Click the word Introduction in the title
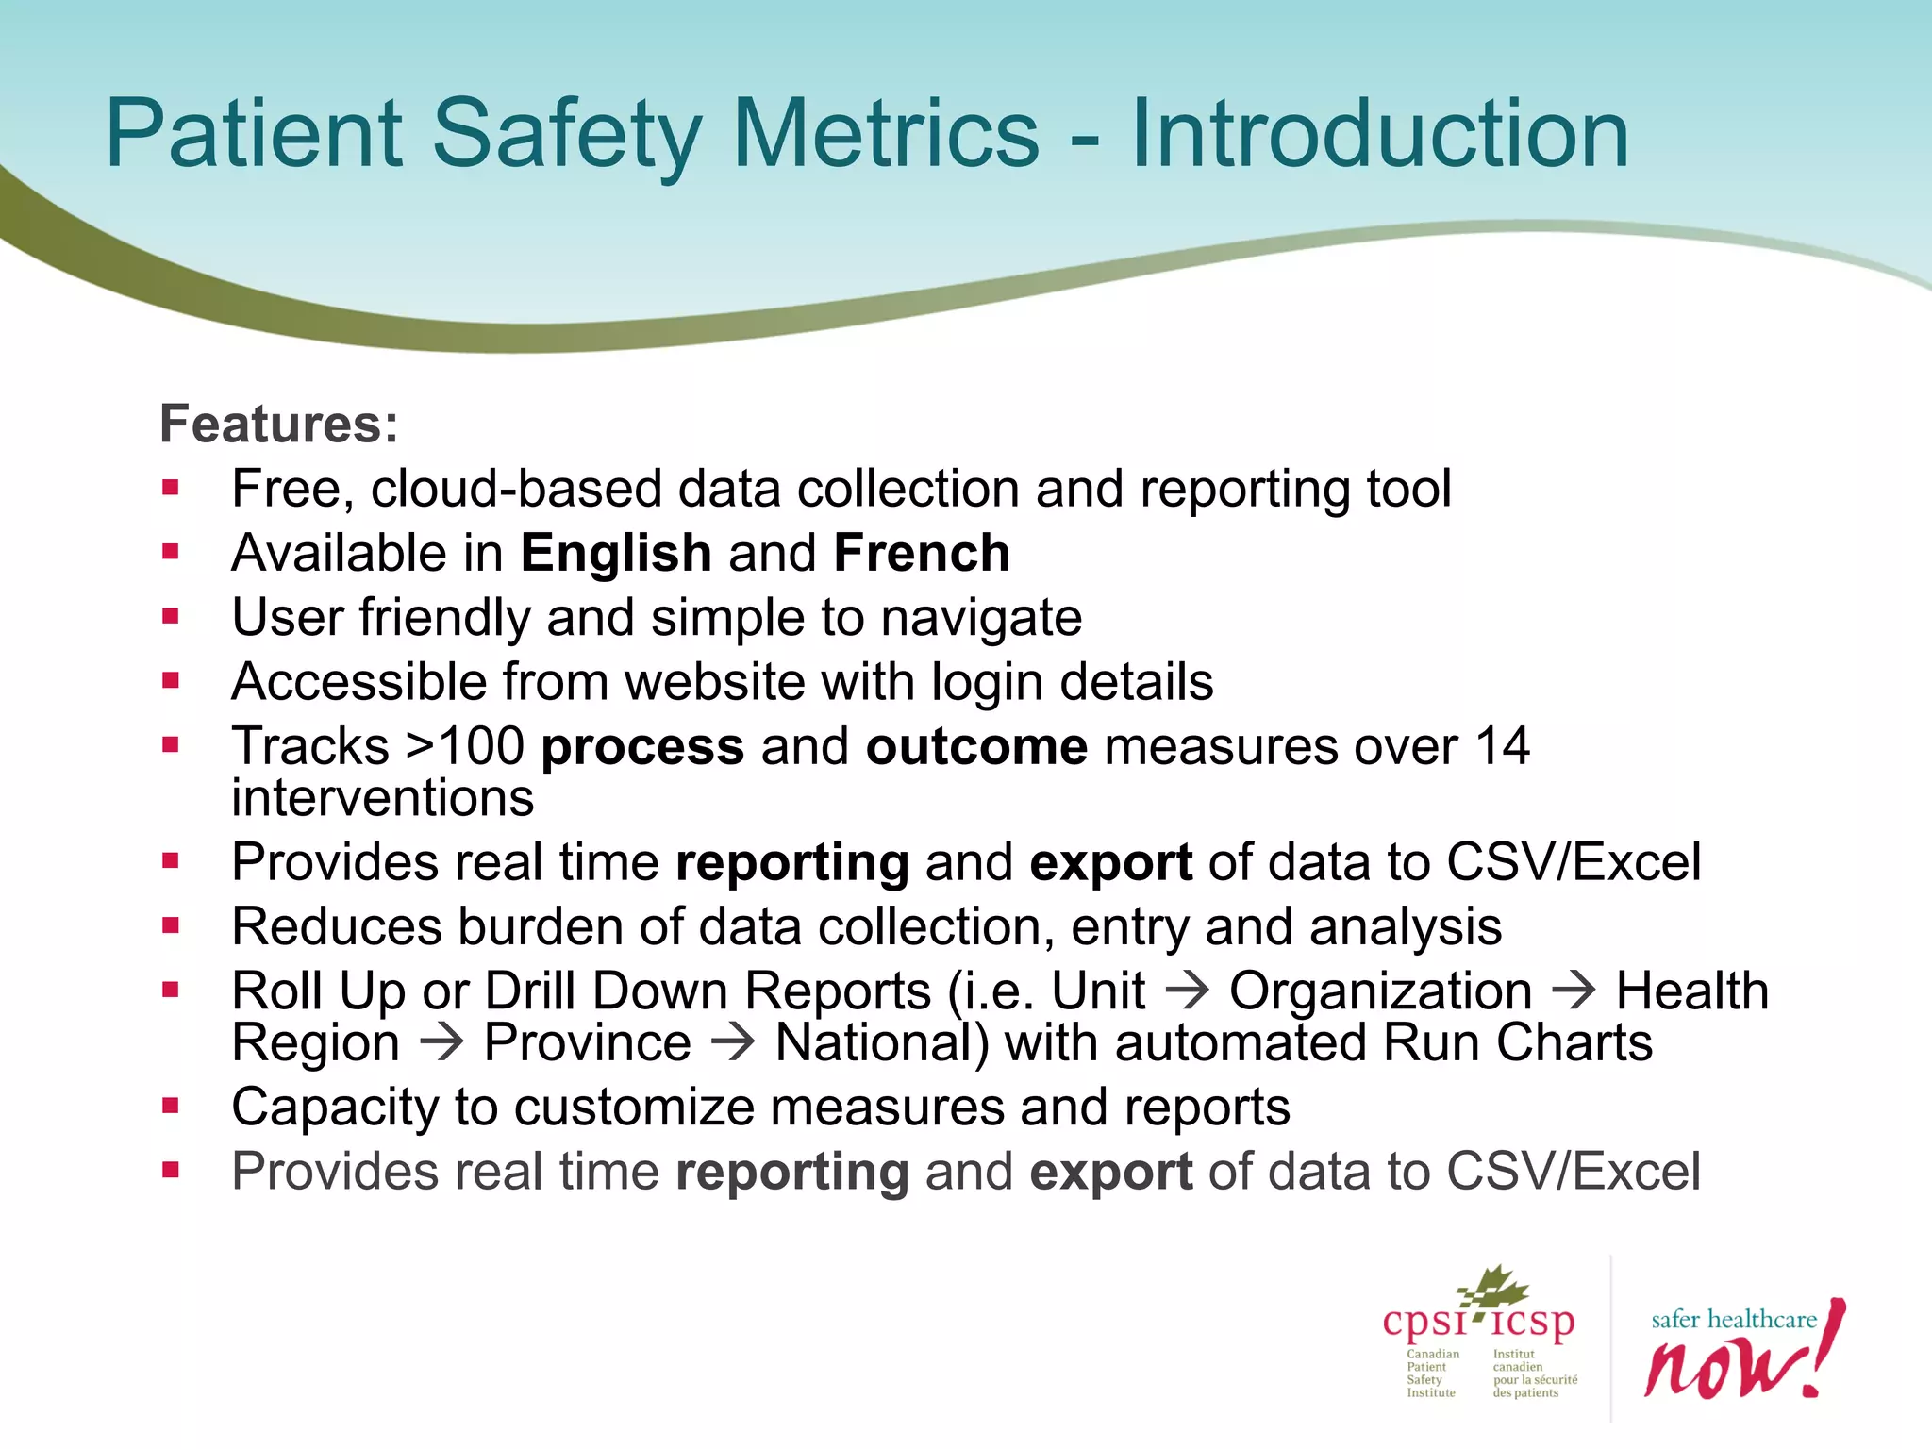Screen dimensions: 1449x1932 click(1379, 134)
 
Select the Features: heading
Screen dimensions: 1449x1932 click(279, 424)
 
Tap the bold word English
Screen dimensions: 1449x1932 click(615, 553)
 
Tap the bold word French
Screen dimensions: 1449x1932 click(922, 553)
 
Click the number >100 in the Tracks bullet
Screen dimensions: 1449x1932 click(464, 746)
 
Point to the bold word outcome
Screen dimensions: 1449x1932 click(976, 746)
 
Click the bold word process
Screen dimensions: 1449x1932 click(642, 746)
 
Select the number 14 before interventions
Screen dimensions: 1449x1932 click(1502, 746)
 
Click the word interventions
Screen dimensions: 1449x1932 click(383, 798)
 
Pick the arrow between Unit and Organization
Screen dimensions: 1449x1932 click(1187, 991)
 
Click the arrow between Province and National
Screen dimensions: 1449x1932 click(733, 1042)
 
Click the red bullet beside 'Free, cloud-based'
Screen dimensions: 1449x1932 click(171, 489)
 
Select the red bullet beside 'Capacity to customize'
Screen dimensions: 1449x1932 click(171, 1106)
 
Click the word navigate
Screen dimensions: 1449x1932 click(981, 618)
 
